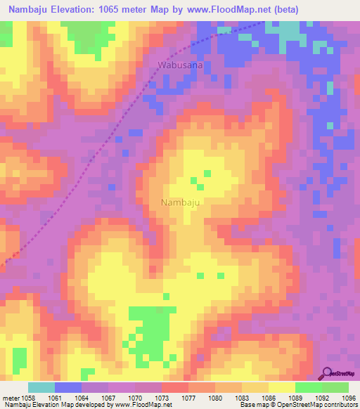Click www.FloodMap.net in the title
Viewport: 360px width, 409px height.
[229, 10]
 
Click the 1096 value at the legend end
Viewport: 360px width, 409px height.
[348, 396]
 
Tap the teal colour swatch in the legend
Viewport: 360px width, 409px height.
[41, 387]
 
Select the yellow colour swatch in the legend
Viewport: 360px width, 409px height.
[281, 387]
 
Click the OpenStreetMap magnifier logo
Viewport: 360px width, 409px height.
[328, 372]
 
